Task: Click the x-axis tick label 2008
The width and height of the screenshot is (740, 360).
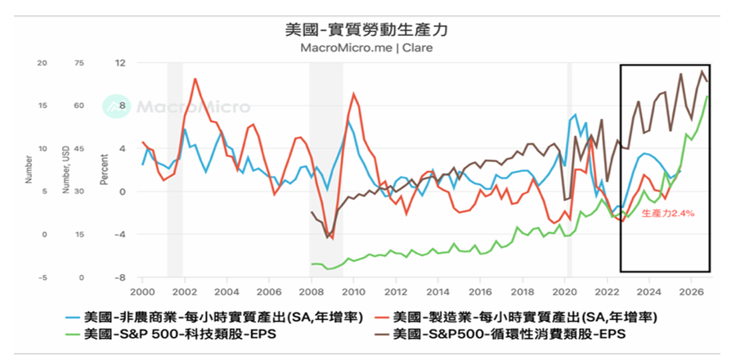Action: [312, 291]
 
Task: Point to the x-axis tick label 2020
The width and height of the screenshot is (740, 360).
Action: [565, 291]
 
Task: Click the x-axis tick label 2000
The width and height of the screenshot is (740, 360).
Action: [142, 291]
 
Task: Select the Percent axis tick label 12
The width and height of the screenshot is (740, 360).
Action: [120, 63]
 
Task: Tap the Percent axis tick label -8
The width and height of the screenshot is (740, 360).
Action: [120, 277]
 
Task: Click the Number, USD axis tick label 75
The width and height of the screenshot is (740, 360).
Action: [79, 63]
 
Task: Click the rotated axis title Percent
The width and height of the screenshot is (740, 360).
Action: [104, 170]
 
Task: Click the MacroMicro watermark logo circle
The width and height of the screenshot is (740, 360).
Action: [114, 106]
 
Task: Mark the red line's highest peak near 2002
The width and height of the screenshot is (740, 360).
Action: [195, 79]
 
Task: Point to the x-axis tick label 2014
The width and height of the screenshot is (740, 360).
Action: [438, 291]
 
